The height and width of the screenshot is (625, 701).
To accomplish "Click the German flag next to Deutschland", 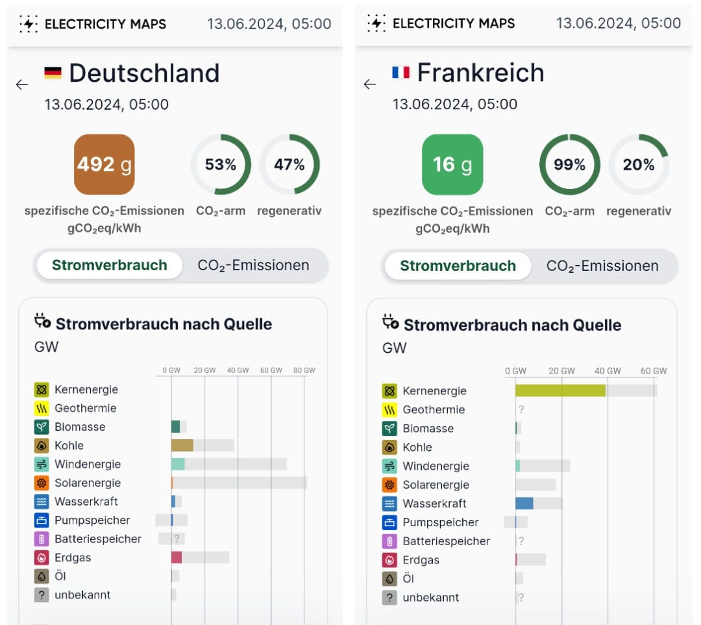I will [x=53, y=73].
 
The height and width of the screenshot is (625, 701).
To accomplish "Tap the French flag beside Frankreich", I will [x=400, y=72].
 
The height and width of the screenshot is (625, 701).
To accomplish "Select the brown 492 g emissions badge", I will [x=104, y=164].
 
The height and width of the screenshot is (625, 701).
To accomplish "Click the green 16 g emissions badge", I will [x=452, y=164].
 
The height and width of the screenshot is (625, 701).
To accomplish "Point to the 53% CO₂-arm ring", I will [x=221, y=164].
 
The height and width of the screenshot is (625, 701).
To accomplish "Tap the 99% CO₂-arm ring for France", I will [x=569, y=164].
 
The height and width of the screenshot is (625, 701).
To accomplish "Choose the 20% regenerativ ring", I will [x=639, y=164].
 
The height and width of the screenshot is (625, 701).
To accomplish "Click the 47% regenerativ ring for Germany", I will [x=289, y=164].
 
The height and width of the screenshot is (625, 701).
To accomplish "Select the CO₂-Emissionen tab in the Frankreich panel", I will [x=602, y=266].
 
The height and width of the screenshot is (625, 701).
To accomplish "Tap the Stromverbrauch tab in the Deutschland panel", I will [x=109, y=265].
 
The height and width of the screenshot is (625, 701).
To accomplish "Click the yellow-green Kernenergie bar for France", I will [x=560, y=390].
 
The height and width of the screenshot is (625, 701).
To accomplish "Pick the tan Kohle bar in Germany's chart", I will [x=182, y=445].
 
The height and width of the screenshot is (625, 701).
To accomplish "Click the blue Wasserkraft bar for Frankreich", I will [x=524, y=503].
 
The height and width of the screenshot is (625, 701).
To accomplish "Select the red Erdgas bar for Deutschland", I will [x=176, y=557].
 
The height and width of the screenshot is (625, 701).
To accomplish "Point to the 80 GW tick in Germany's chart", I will [x=304, y=370].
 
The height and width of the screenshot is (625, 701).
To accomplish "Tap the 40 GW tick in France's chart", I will [x=608, y=371].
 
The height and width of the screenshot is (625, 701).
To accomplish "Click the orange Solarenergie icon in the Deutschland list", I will [x=42, y=483].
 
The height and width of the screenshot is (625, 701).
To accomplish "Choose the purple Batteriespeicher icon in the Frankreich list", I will [x=389, y=541].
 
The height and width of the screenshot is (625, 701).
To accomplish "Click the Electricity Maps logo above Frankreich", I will [x=376, y=23].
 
